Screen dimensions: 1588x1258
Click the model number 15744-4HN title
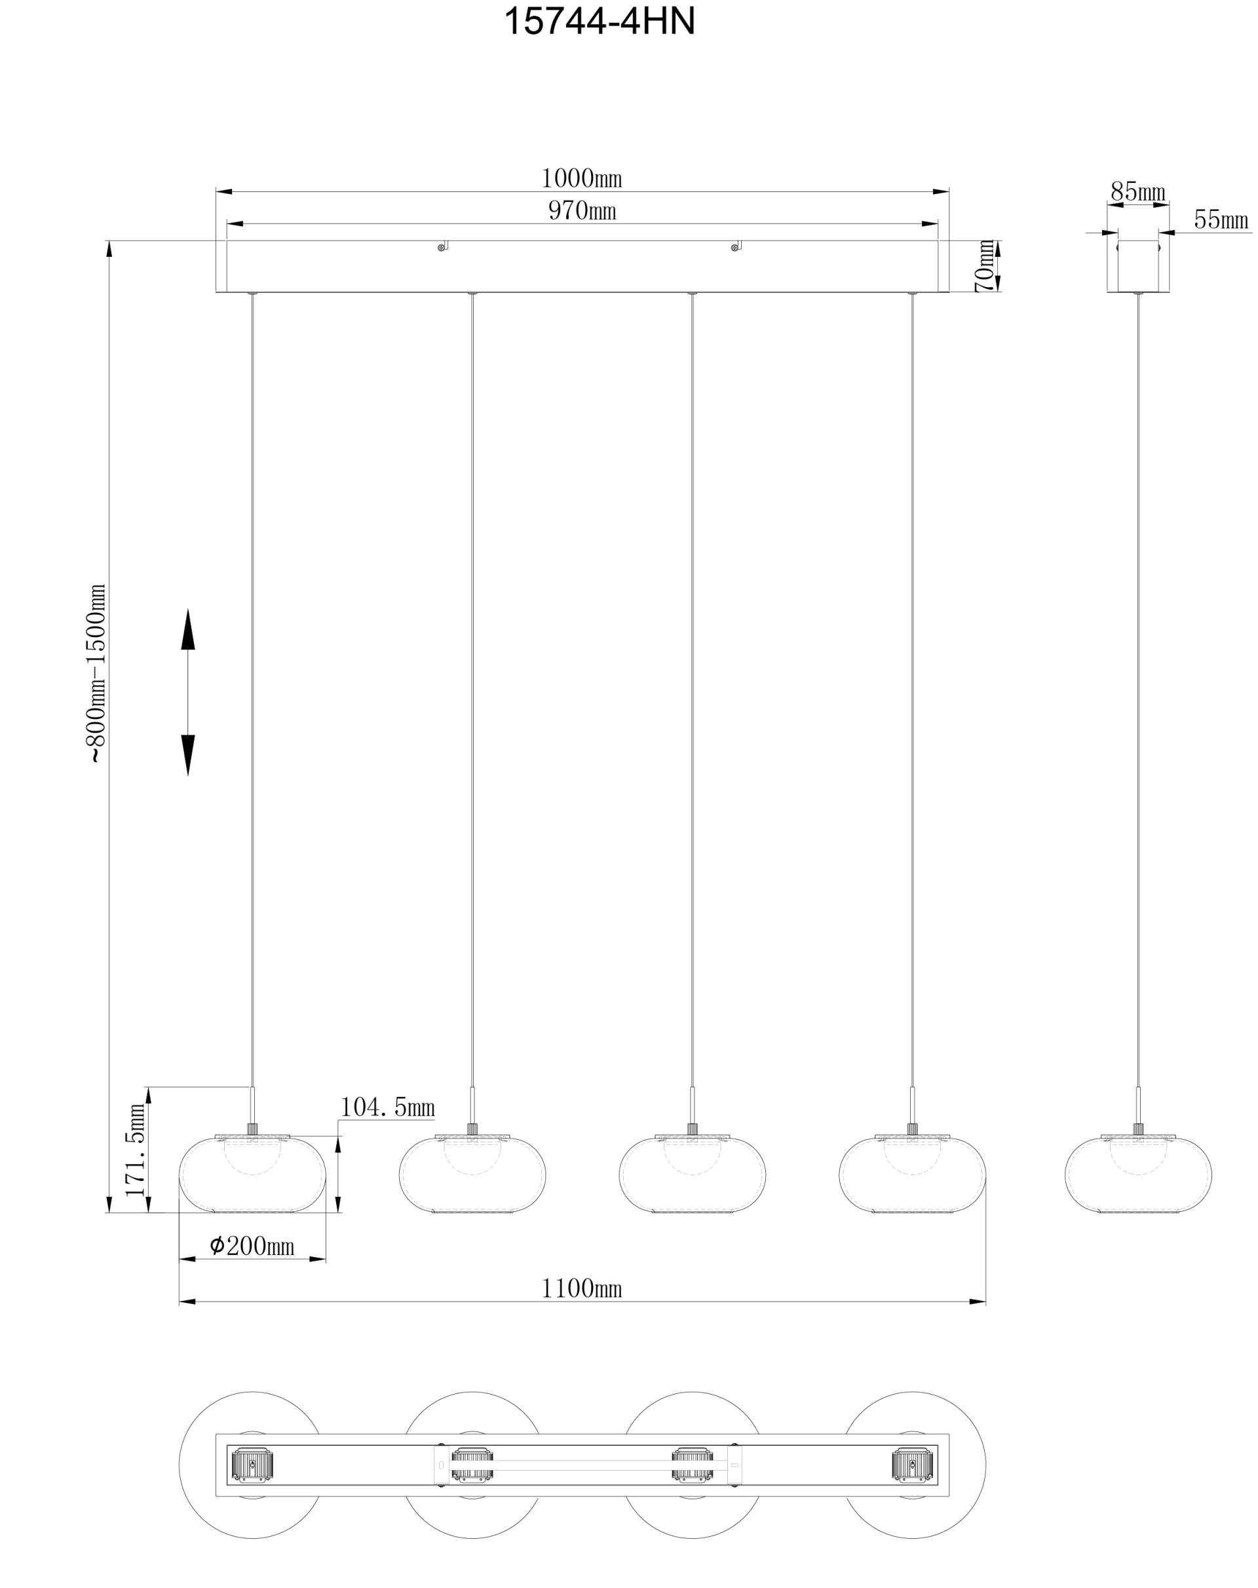599,22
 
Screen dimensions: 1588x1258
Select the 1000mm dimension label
581,179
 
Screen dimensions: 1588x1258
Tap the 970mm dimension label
581,212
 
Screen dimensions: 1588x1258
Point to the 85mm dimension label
1138,192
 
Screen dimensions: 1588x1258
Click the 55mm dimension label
1221,220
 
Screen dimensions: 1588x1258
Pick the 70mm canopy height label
985,266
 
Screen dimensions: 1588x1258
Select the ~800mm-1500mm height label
96,673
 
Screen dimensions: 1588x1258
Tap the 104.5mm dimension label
387,1107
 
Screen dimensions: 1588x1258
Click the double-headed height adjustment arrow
188,692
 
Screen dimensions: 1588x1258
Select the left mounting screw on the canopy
442,248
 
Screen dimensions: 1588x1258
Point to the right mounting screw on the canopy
734,248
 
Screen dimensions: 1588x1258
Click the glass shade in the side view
1138,1175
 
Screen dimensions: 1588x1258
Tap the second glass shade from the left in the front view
472,1175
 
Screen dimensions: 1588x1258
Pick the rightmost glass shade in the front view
912,1175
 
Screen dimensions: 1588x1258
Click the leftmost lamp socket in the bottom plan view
253,1465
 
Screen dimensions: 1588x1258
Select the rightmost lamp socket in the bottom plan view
912,1465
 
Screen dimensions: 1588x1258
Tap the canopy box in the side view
1138,266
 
